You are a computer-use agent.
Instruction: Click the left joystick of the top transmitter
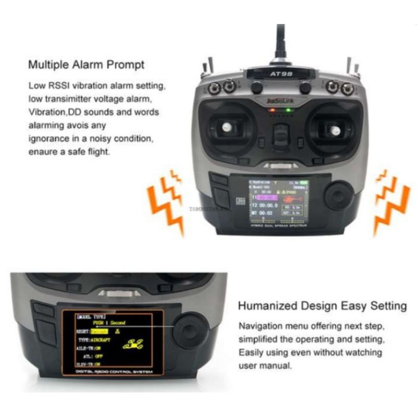tap(227, 127)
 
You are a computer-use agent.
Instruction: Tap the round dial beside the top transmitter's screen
tap(338, 197)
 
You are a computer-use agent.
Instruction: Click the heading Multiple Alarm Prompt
tap(86, 66)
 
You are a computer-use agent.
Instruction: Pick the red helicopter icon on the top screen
tap(291, 199)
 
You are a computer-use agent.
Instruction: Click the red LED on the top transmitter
tap(271, 111)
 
